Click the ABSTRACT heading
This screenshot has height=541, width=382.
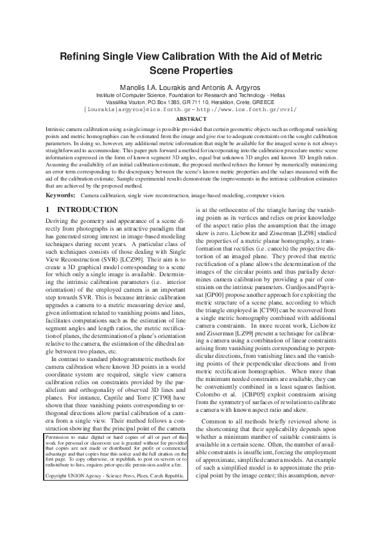pyautogui.click(x=191, y=119)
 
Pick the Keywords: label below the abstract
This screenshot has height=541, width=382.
pyautogui.click(x=62, y=195)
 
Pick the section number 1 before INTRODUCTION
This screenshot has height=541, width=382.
pyautogui.click(x=48, y=209)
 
